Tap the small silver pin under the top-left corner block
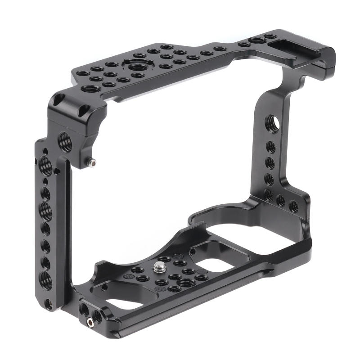93,162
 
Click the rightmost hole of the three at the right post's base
293,207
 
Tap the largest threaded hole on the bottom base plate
185,282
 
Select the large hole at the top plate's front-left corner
88,88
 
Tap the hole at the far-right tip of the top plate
270,36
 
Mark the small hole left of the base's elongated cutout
104,287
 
